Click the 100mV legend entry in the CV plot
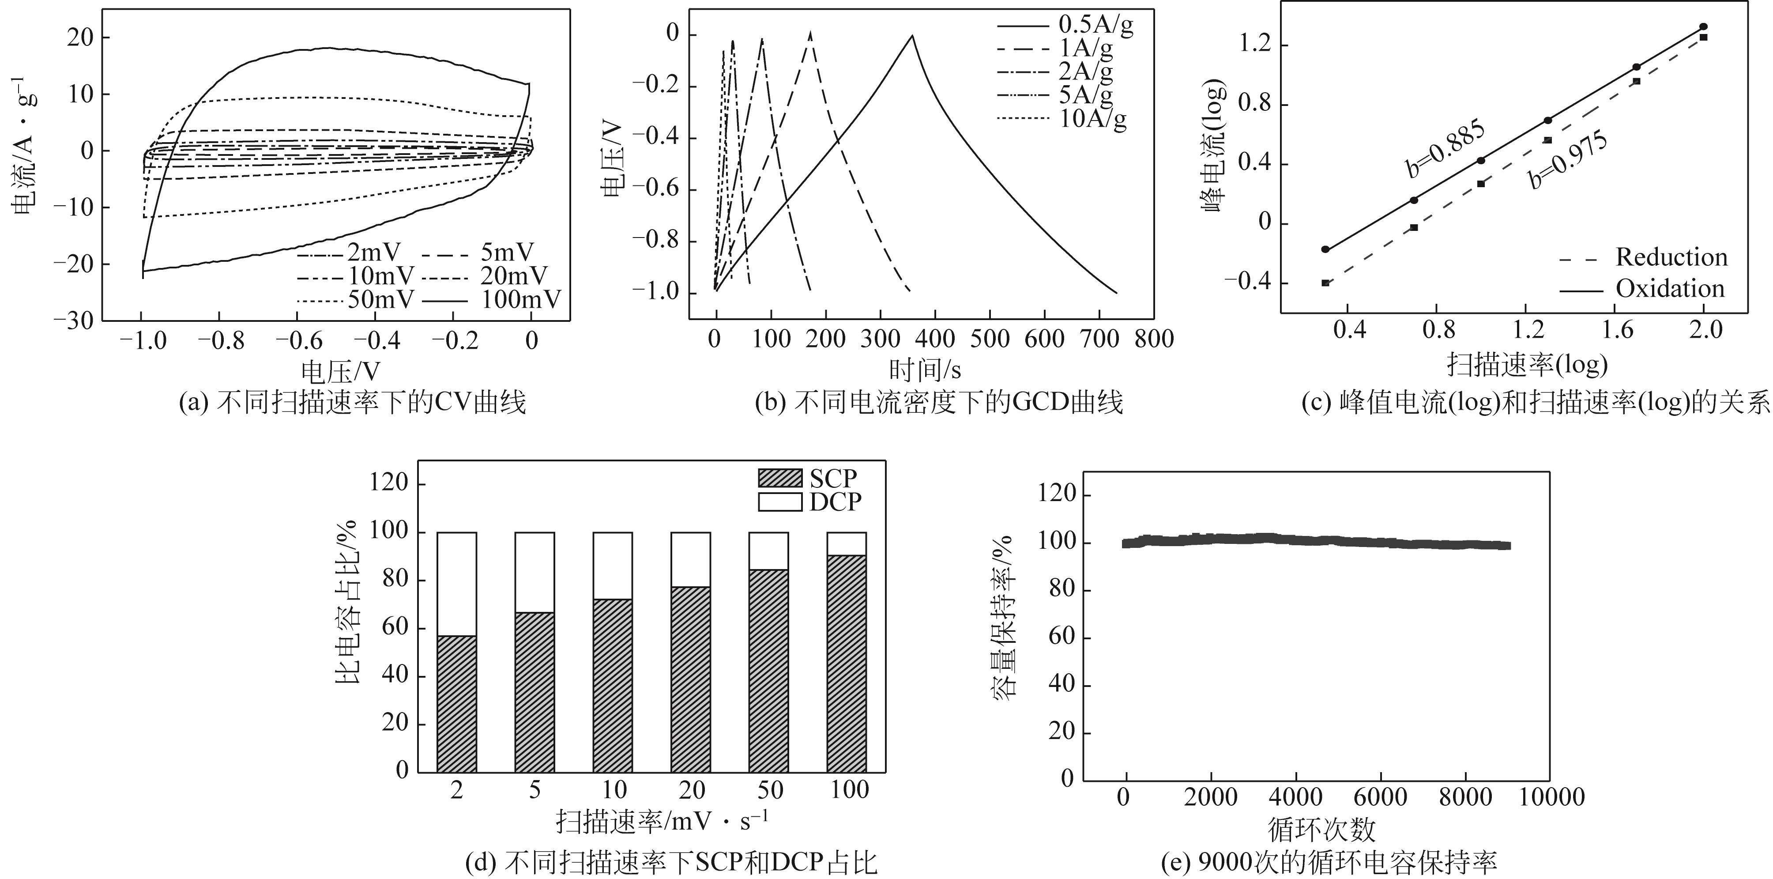tap(520, 299)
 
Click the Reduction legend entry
tap(1671, 257)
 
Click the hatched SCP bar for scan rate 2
tap(456, 703)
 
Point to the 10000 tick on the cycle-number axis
tap(1550, 797)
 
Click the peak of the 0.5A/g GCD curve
tap(913, 35)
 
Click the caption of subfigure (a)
tap(352, 403)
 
